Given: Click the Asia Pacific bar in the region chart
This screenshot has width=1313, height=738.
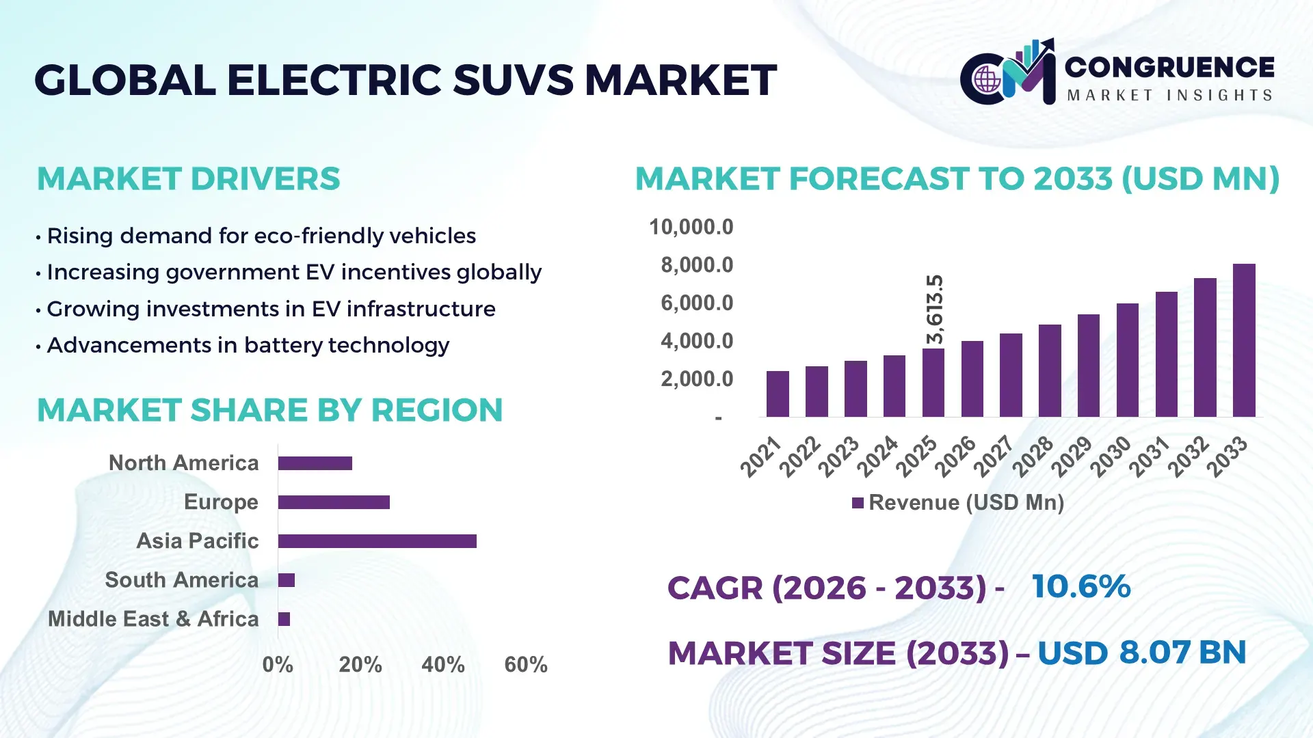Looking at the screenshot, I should [377, 541].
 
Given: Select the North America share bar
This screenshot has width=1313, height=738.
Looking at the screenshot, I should [315, 463].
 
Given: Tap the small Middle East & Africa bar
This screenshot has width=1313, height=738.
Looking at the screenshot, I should [284, 619].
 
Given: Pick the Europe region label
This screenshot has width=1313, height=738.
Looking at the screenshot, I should [221, 502].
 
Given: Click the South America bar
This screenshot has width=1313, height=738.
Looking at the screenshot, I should [286, 580].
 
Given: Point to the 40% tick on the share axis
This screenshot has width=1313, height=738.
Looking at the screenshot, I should [442, 664].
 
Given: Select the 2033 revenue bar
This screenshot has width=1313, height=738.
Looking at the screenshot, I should [1243, 340].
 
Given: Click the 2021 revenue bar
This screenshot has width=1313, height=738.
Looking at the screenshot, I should [778, 394].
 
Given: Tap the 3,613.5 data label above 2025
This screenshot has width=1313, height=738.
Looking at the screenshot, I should [934, 310].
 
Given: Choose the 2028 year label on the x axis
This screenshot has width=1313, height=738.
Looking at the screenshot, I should [1033, 456].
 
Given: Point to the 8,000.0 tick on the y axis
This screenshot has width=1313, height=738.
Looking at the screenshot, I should [696, 265].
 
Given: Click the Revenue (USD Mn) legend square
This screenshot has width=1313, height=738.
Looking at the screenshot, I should [858, 503].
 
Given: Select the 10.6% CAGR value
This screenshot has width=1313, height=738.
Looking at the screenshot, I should [1080, 586].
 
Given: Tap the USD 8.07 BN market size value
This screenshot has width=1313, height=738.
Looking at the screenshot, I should [1141, 652].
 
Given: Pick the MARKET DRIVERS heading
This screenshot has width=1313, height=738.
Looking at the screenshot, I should [188, 179].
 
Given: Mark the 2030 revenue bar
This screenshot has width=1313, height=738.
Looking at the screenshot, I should [1127, 360].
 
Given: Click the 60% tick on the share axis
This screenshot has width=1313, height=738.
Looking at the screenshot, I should [525, 664].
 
